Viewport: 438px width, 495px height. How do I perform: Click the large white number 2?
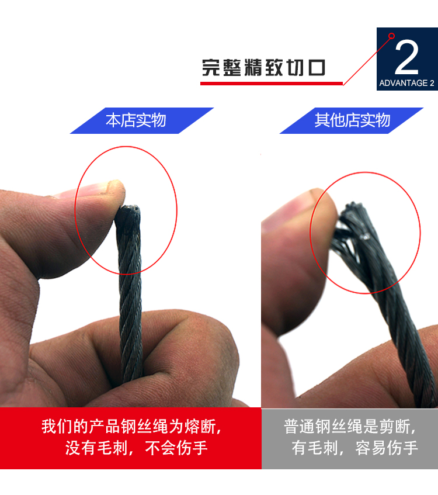[x=406, y=57]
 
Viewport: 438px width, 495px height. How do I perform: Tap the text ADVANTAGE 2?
[x=407, y=83]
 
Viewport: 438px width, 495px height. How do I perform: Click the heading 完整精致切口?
[x=263, y=68]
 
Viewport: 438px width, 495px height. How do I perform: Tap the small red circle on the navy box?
[x=392, y=36]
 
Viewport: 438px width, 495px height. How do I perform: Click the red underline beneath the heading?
[x=272, y=84]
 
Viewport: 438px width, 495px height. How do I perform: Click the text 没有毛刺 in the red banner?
[x=96, y=448]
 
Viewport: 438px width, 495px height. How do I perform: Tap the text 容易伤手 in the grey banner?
[x=387, y=448]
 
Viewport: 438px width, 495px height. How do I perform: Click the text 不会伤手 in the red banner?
[x=176, y=448]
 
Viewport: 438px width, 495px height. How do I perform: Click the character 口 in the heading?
[x=317, y=68]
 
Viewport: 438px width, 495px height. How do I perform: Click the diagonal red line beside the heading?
[x=367, y=61]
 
